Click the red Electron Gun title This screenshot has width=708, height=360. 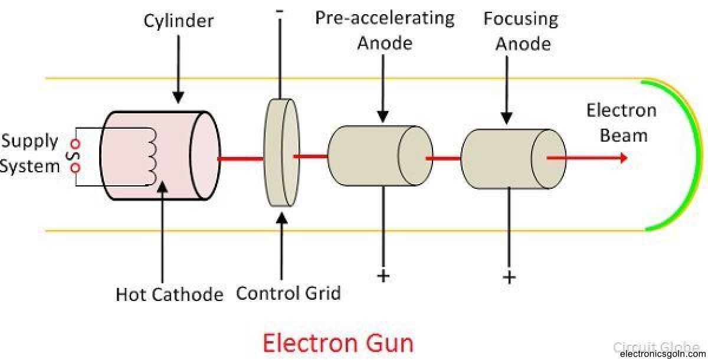(337, 343)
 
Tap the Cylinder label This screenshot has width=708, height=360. (179, 22)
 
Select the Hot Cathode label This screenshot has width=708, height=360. (170, 293)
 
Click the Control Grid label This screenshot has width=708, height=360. (289, 293)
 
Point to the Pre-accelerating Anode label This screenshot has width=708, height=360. (384, 30)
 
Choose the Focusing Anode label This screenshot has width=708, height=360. (517, 31)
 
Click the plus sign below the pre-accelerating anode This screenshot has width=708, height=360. (383, 276)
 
